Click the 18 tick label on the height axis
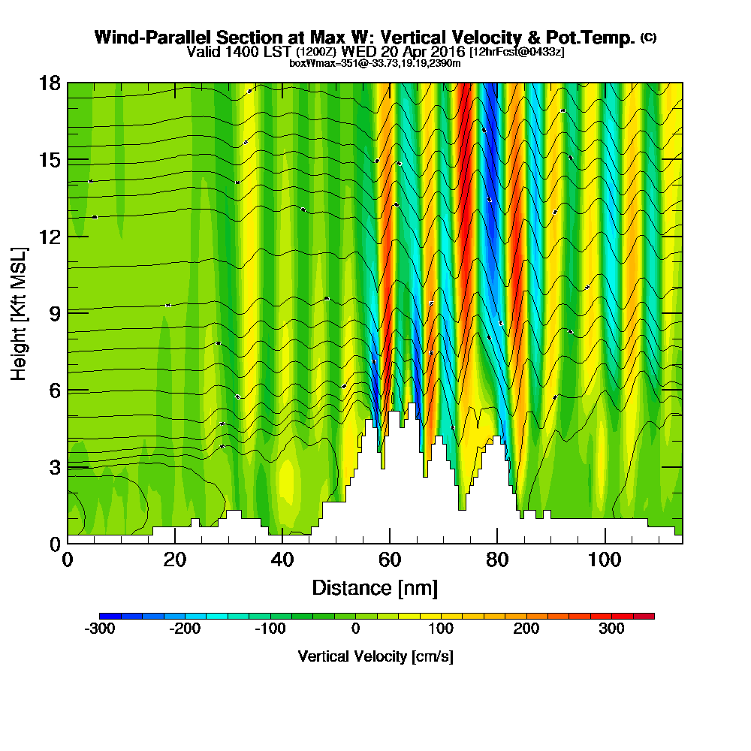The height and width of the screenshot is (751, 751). click(x=50, y=83)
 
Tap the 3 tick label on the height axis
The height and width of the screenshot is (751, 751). click(x=55, y=467)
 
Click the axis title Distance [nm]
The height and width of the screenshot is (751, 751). click(x=375, y=587)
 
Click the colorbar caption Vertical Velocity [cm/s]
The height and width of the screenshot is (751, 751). click(x=375, y=656)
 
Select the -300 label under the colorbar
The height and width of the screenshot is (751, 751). click(x=100, y=629)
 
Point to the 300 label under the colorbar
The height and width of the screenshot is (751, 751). click(x=611, y=629)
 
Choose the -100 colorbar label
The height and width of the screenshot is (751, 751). click(x=270, y=629)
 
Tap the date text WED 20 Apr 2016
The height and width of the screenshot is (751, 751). click(x=403, y=52)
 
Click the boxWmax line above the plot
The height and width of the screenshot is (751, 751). click(x=375, y=63)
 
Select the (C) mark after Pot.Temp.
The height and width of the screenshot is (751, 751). click(x=648, y=37)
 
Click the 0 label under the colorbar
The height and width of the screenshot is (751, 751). click(x=356, y=629)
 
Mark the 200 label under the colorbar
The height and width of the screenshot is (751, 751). click(x=526, y=629)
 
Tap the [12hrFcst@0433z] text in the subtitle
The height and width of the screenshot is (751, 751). click(x=517, y=53)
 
